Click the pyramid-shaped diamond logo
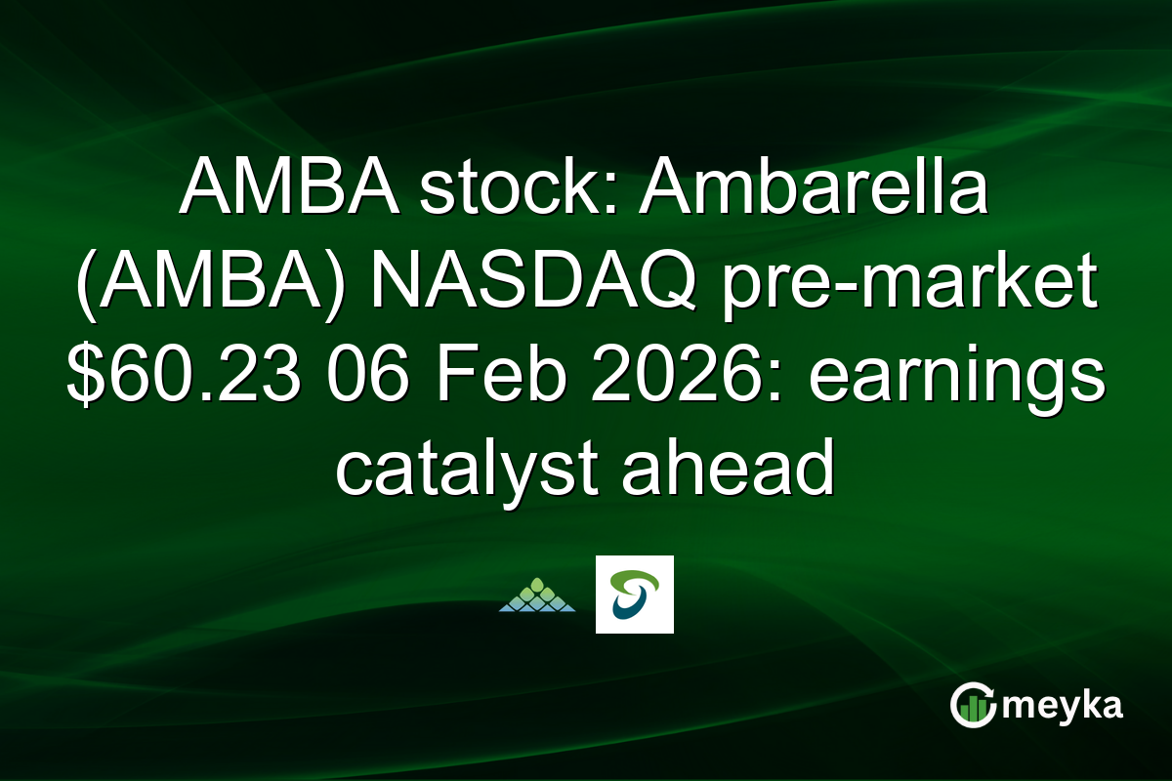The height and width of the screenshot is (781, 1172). pos(537,595)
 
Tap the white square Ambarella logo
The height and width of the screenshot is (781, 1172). pos(635,595)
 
